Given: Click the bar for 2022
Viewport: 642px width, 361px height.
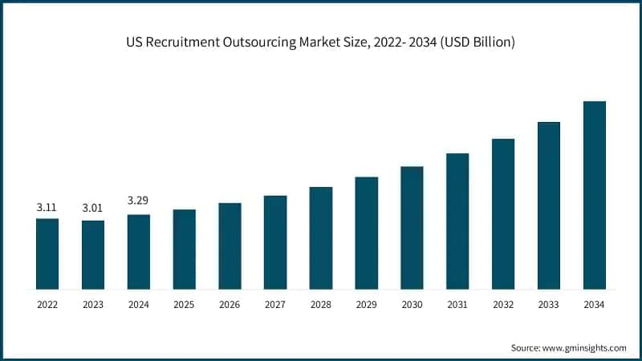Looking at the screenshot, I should [47, 253].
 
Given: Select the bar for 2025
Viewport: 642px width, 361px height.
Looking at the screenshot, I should [184, 249].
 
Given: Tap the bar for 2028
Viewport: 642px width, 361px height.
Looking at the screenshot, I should [321, 237].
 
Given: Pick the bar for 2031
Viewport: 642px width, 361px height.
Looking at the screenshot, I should [457, 221].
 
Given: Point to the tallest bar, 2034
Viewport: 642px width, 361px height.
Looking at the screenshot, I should [594, 195].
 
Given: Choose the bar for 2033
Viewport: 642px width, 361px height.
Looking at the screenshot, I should [549, 205].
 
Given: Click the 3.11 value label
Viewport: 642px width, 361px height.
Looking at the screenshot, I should [47, 208].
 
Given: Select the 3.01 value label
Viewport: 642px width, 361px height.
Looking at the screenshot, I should [92, 209].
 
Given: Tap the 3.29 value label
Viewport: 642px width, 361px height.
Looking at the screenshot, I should [137, 200].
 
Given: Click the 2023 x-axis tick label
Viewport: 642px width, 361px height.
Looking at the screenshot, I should [92, 305].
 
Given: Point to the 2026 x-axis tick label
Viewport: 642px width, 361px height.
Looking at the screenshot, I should [230, 305].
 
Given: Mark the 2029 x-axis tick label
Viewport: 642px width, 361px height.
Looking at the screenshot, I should [366, 305].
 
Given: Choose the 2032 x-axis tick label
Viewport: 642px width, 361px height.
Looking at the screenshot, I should [503, 305].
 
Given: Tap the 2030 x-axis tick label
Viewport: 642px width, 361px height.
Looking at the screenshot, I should [412, 305].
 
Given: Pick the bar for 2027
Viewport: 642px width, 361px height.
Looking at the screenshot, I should [275, 241].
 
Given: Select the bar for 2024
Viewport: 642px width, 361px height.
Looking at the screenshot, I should [138, 251].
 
